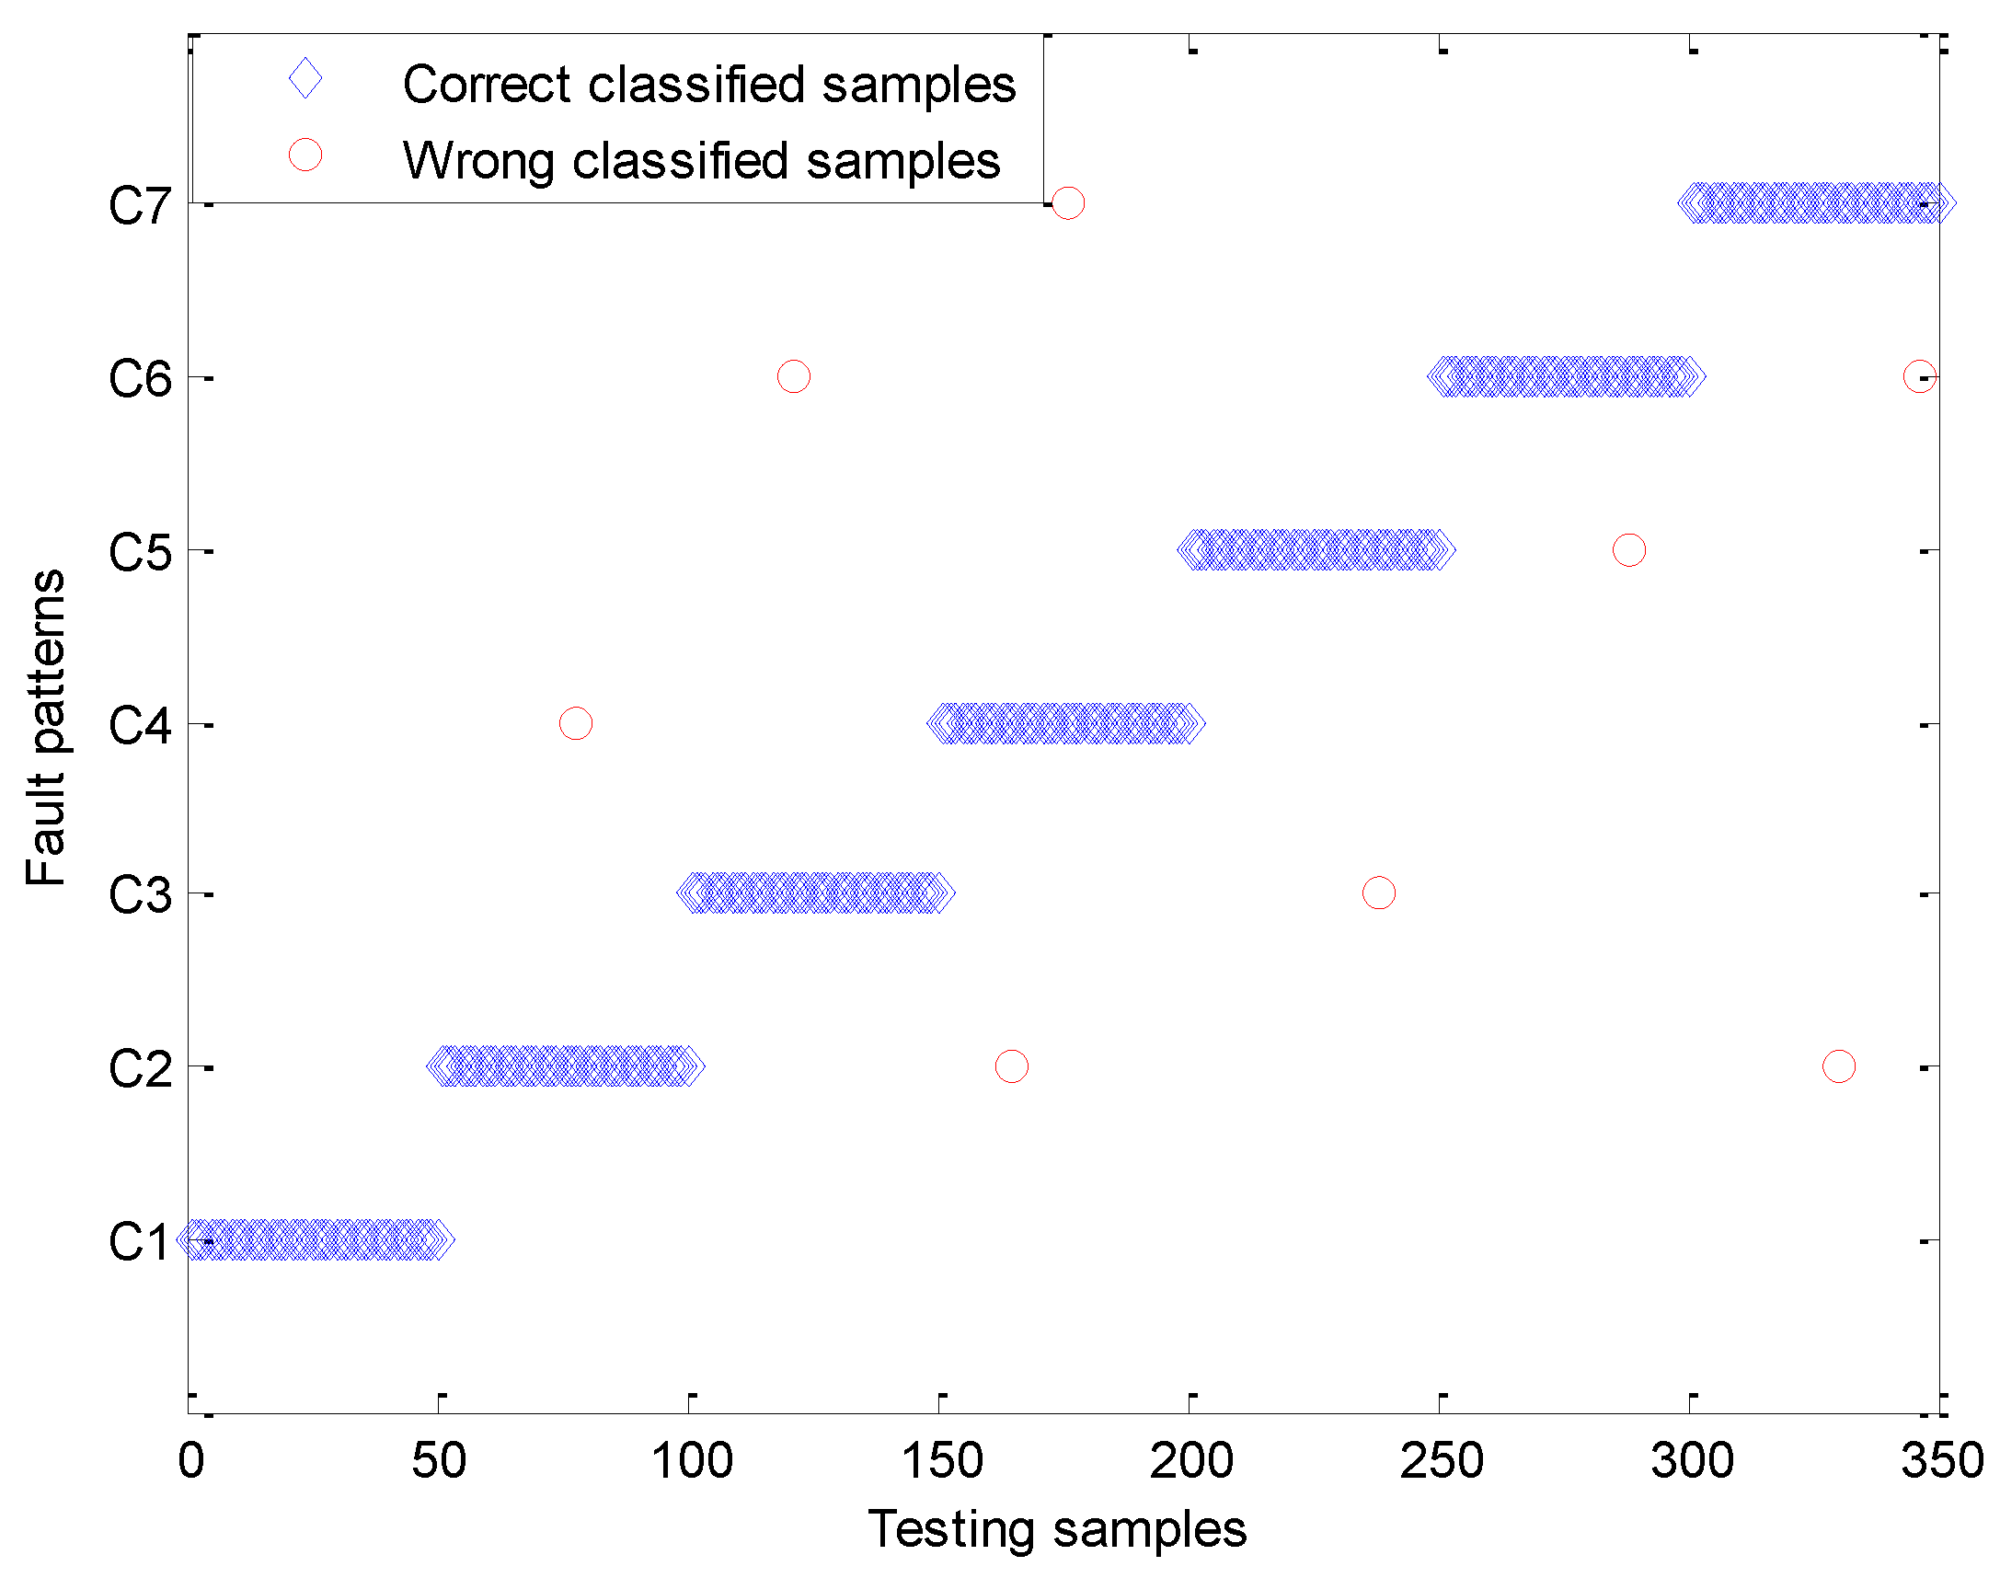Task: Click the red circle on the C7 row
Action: (1067, 202)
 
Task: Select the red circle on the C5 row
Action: (1628, 549)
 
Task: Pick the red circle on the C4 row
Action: (576, 723)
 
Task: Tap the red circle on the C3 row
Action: (1378, 893)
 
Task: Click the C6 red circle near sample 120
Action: (794, 376)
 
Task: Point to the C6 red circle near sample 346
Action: (1920, 376)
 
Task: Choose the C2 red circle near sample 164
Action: (1012, 1066)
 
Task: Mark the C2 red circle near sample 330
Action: (1839, 1066)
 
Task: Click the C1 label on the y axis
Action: (139, 1241)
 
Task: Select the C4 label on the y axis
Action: (139, 725)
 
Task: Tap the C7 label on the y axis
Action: (139, 205)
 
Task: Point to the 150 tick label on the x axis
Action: (941, 1460)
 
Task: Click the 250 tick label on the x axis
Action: (1441, 1460)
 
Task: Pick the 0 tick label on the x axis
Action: (190, 1460)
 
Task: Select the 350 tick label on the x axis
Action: (1942, 1460)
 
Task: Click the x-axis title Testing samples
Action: (1057, 1529)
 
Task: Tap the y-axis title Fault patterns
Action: (46, 727)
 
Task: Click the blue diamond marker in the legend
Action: (305, 78)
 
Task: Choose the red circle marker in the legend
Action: (305, 155)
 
